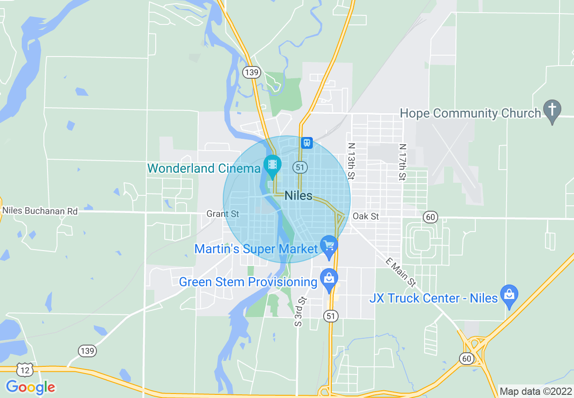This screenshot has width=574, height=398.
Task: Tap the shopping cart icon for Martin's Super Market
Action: click(329, 246)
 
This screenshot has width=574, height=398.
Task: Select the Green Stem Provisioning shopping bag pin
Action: click(329, 278)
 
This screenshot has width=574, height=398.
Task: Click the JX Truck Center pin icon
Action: click(509, 294)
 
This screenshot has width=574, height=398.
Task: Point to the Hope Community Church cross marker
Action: click(552, 110)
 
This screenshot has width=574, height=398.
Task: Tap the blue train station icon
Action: click(307, 143)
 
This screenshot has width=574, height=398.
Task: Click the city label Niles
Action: click(299, 196)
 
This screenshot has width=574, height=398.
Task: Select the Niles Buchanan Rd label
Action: click(40, 211)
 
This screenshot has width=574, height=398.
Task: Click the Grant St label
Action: click(223, 213)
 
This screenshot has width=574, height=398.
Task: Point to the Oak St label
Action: click(366, 216)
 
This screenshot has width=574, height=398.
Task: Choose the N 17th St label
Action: click(402, 162)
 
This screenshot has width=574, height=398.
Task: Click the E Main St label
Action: click(401, 272)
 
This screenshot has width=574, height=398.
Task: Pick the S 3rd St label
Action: click(301, 312)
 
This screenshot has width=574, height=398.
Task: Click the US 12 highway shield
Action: click(24, 370)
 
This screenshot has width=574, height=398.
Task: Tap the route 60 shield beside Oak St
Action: click(430, 217)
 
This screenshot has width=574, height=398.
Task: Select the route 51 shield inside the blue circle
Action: click(300, 167)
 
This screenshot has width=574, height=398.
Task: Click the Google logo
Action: click(30, 387)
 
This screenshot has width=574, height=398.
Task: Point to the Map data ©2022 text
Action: click(535, 391)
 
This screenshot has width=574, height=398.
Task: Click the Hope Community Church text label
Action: click(471, 113)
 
